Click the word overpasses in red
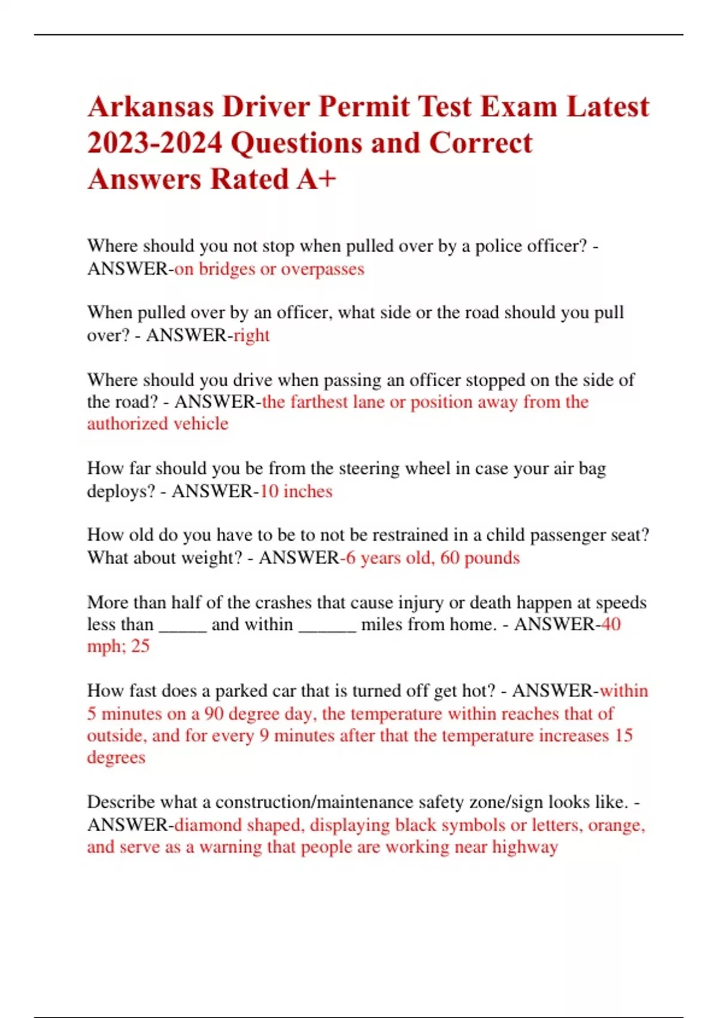(x=323, y=269)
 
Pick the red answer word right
(x=251, y=335)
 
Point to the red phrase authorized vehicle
(x=157, y=424)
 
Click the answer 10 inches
(x=296, y=491)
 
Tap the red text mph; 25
(x=118, y=646)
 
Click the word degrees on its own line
(x=116, y=758)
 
